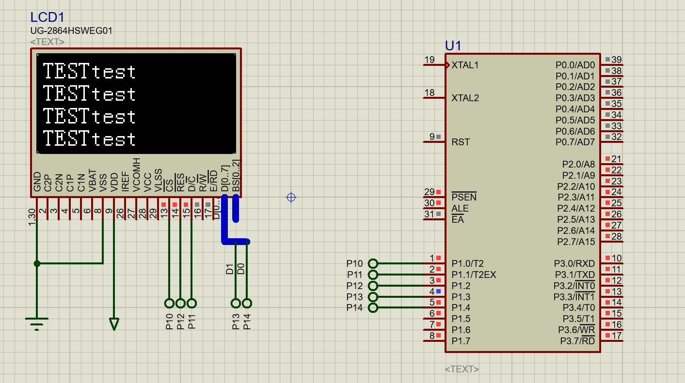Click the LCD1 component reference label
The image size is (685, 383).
point(47,17)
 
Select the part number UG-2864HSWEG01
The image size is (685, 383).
point(71,31)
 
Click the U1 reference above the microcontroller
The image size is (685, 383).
point(453,46)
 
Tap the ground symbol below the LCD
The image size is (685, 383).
point(37,323)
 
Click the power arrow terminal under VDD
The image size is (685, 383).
point(114,323)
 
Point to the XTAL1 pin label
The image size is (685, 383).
point(465,65)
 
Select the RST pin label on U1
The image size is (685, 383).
point(461,142)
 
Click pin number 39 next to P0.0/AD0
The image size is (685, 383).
point(616,60)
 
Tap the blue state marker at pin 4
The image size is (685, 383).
point(438,291)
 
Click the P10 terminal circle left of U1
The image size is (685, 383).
point(373,263)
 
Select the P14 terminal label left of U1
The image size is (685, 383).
point(354,308)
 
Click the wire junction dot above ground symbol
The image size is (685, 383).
point(37,263)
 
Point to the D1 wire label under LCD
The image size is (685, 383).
point(230,269)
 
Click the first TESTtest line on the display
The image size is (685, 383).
point(90,72)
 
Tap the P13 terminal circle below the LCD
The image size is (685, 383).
point(236,303)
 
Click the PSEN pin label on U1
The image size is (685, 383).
point(464,197)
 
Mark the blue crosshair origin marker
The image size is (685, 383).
point(291,197)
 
